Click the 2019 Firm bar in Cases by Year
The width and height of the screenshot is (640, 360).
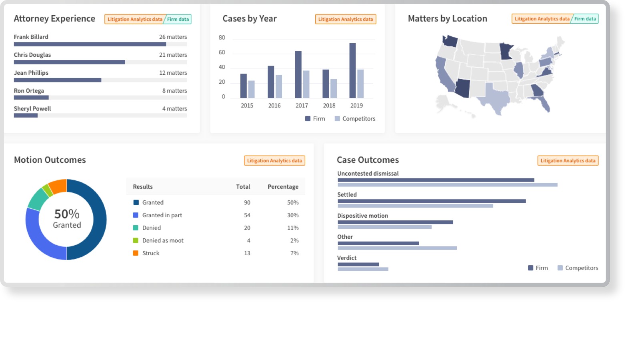[352, 70]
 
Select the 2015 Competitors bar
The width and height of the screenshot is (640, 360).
[252, 90]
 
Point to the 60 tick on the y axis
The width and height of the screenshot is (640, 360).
[222, 52]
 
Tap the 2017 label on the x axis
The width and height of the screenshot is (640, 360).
[302, 106]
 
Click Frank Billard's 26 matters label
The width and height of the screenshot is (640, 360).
[173, 37]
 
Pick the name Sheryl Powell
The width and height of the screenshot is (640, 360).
[32, 108]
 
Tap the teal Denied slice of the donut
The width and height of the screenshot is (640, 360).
[38, 199]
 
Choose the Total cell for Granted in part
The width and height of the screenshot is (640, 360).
[247, 215]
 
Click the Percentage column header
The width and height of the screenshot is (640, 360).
[283, 186]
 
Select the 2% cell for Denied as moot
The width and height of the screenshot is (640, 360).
[294, 240]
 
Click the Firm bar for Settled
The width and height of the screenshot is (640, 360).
[432, 201]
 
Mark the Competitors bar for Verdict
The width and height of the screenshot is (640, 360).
[363, 269]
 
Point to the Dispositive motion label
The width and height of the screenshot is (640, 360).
[362, 216]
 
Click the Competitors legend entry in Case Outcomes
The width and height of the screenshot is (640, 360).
[578, 268]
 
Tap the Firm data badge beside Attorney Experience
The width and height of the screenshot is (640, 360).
[178, 20]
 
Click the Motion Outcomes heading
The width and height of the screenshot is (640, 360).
[50, 160]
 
